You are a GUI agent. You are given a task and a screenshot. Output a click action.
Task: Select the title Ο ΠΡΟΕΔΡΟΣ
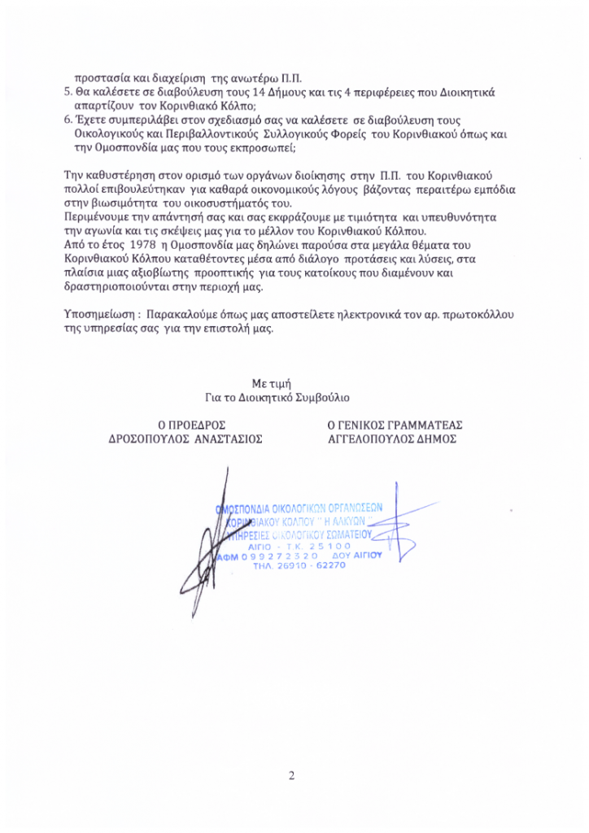coord(191,425)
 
